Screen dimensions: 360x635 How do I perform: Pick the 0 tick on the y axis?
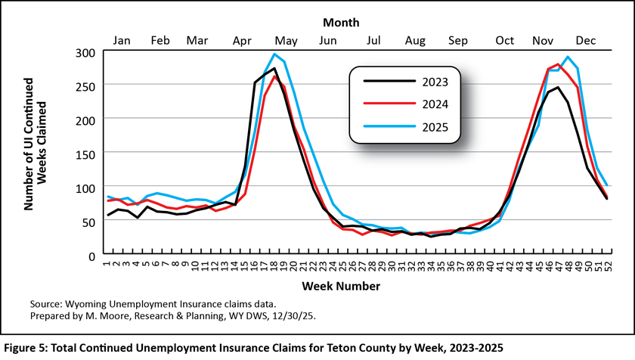(90, 256)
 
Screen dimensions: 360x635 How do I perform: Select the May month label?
(286, 40)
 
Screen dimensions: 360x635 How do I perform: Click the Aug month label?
(415, 40)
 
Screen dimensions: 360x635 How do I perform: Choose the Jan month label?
(122, 40)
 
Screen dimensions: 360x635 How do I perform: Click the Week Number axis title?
(341, 286)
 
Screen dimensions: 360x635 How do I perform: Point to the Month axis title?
(341, 23)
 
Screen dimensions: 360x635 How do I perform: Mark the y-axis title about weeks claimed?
(38, 154)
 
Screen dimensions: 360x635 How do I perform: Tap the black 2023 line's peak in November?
(558, 87)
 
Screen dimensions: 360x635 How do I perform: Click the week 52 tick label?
(607, 266)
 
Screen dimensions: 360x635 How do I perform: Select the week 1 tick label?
(107, 266)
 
